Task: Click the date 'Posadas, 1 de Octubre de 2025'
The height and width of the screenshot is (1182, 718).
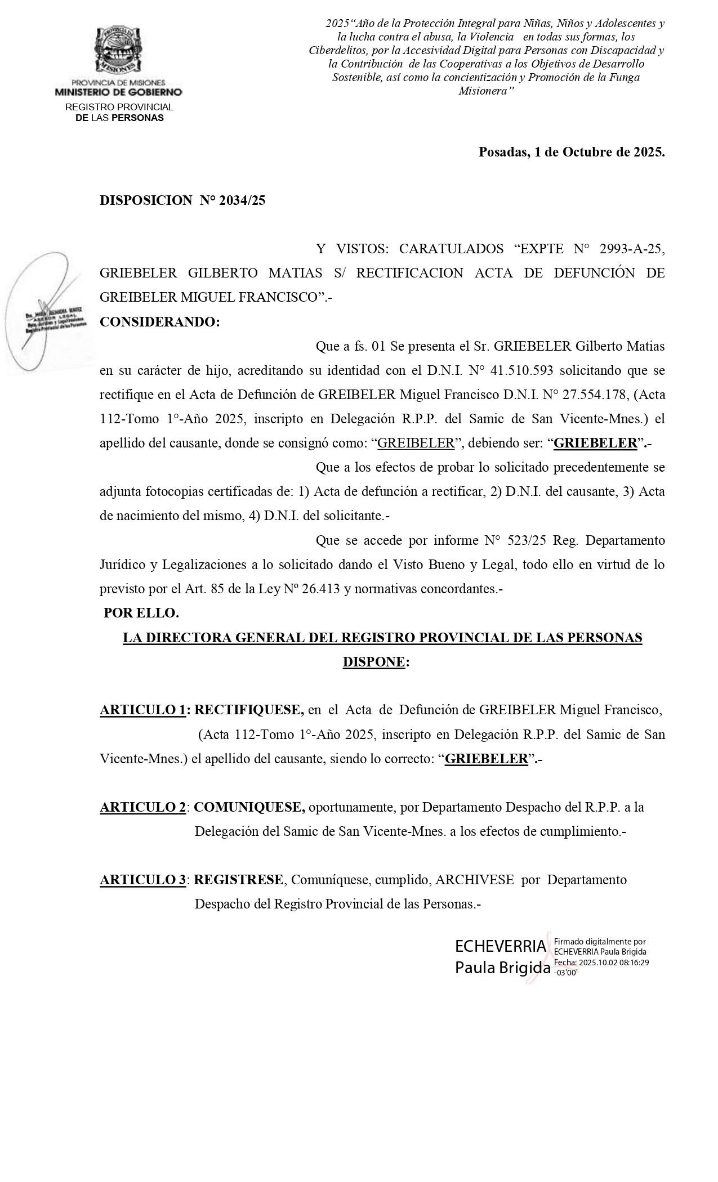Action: pos(571,152)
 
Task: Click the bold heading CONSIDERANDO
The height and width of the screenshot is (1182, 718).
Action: pos(159,322)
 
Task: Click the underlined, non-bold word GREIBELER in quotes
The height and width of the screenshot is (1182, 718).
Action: pos(416,443)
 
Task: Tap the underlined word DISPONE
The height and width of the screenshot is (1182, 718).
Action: pos(374,662)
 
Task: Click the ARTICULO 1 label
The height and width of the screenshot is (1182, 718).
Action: pos(143,710)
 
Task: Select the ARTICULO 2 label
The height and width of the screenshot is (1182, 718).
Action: pos(143,807)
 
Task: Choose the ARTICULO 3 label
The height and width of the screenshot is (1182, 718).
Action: pos(143,879)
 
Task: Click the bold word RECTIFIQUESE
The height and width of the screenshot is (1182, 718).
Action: pos(249,710)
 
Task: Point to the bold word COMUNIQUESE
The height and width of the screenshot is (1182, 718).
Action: pos(249,807)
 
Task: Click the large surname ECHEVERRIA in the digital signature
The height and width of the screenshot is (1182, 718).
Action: pos(500,946)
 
